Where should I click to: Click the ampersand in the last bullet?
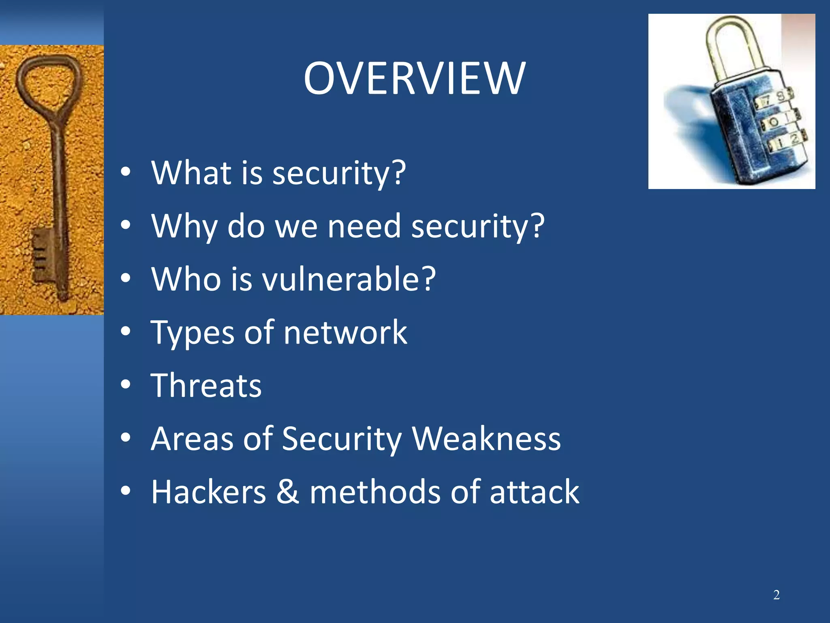pyautogui.click(x=288, y=492)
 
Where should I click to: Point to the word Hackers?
pyautogui.click(x=208, y=492)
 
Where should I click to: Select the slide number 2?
pyautogui.click(x=776, y=595)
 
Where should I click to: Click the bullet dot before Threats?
pyautogui.click(x=126, y=385)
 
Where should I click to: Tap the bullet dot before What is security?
pyautogui.click(x=126, y=172)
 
